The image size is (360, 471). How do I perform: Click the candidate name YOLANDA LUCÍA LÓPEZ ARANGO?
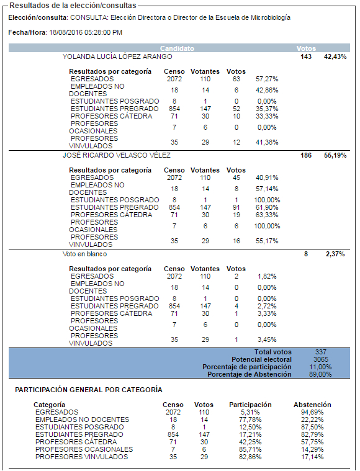coord(117,56)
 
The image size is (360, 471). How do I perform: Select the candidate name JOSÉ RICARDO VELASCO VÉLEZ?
coord(117,155)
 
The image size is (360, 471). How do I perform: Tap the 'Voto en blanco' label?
coord(84,254)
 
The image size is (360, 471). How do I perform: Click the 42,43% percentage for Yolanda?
coord(335,56)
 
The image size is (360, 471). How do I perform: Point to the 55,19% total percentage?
coord(335,155)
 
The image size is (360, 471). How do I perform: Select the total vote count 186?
coord(306,155)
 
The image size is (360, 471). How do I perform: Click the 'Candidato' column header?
coord(177,48)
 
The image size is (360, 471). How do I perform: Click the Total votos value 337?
coord(321,352)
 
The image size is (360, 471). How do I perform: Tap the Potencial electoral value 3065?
coord(321,359)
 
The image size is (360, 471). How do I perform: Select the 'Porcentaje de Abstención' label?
coord(250,374)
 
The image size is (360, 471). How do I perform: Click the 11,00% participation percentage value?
coord(320,367)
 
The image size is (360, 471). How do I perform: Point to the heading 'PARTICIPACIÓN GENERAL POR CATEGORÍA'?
coord(89,390)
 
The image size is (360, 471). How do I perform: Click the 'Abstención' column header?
coord(312,405)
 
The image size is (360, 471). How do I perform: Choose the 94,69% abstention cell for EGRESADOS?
coord(312,412)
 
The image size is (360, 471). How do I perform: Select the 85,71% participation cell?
coord(250,449)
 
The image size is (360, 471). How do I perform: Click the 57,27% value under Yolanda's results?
coord(267,79)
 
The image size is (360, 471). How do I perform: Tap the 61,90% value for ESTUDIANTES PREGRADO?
coord(267,207)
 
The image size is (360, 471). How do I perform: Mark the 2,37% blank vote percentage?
coord(335,254)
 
